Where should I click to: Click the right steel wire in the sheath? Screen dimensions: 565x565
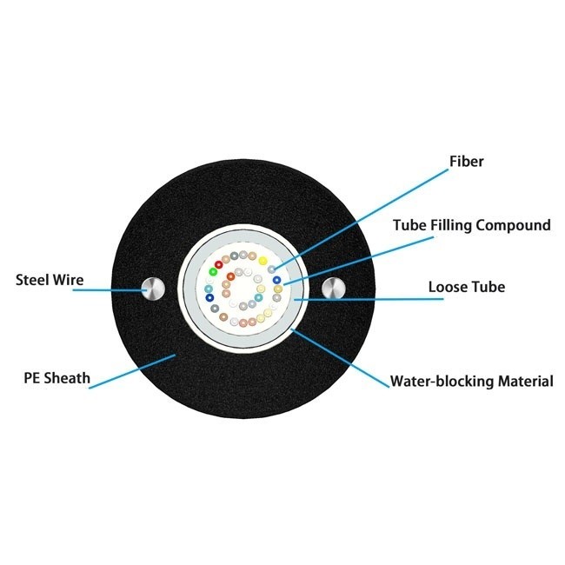point(333,289)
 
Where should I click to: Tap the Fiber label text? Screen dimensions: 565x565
point(466,162)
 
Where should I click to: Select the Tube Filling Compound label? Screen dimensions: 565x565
point(471,225)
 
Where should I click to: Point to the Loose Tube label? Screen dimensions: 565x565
point(466,286)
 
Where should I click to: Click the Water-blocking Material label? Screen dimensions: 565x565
point(471,381)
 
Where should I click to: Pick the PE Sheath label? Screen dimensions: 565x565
point(56,379)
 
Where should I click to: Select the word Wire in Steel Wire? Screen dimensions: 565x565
point(70,280)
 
